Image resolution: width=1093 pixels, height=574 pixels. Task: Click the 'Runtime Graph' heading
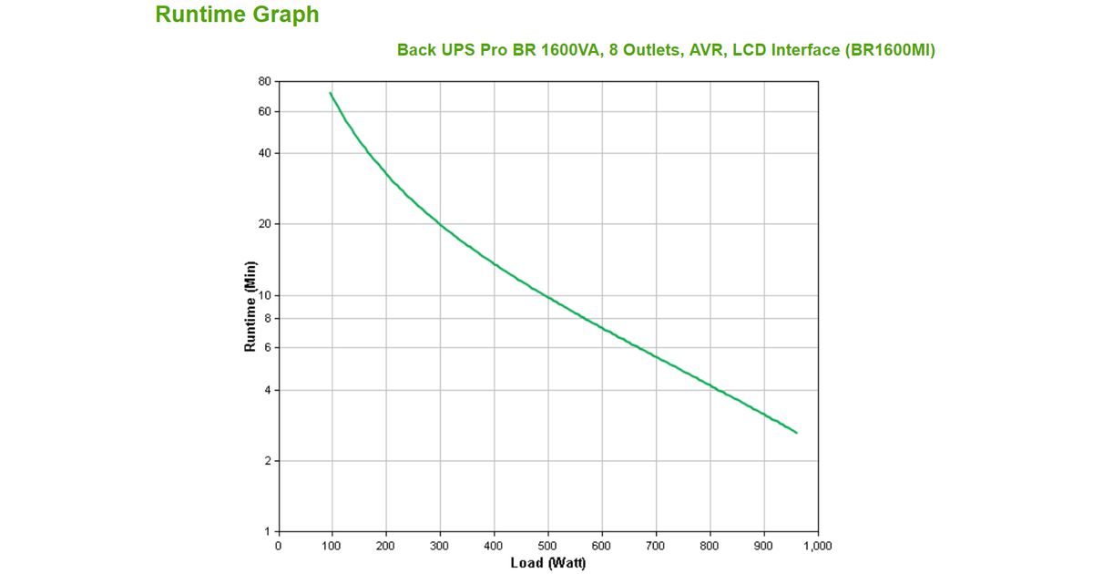pyautogui.click(x=237, y=15)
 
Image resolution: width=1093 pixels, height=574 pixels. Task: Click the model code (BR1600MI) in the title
pyautogui.click(x=890, y=50)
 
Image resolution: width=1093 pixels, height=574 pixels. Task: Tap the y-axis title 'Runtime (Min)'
pyautogui.click(x=250, y=306)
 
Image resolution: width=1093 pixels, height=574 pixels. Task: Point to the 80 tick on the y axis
pyautogui.click(x=264, y=81)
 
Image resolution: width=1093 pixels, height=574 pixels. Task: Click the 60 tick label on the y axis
pyautogui.click(x=264, y=111)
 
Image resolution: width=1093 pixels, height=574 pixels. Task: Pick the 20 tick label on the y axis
pyautogui.click(x=264, y=224)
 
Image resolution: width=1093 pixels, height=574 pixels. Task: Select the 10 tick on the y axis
pyautogui.click(x=264, y=295)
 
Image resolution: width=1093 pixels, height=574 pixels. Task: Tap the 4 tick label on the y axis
pyautogui.click(x=267, y=390)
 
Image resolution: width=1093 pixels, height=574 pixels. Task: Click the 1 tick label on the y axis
pyautogui.click(x=267, y=531)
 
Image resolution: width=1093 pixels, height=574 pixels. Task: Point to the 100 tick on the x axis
pyautogui.click(x=332, y=545)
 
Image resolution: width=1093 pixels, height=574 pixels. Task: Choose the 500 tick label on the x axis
pyautogui.click(x=547, y=545)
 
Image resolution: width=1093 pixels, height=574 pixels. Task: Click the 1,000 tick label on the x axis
pyautogui.click(x=817, y=545)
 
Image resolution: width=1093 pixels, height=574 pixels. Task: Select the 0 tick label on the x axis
pyautogui.click(x=279, y=545)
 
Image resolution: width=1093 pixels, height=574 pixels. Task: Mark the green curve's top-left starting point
pyautogui.click(x=330, y=92)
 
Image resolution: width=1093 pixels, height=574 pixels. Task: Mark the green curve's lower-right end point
pyautogui.click(x=797, y=433)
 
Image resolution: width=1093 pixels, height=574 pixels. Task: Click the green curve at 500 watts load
pyautogui.click(x=547, y=296)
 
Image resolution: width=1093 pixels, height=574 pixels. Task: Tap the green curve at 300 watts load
pyautogui.click(x=440, y=223)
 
